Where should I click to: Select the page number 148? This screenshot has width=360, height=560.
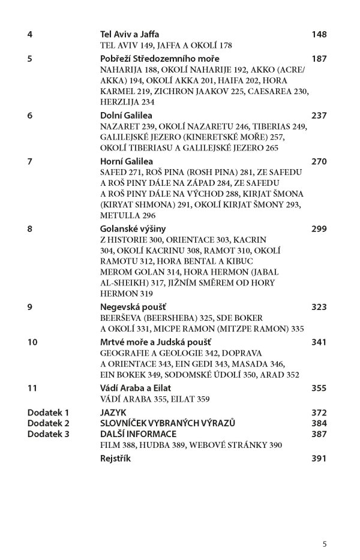click(x=319, y=34)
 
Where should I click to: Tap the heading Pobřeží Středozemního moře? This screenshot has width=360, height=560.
click(x=160, y=59)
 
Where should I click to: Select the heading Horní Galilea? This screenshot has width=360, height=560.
click(x=124, y=161)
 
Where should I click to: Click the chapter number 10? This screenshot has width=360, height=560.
click(x=32, y=342)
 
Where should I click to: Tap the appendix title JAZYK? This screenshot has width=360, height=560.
click(x=113, y=413)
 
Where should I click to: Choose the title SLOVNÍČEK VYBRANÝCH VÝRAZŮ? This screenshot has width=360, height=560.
click(x=167, y=423)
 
